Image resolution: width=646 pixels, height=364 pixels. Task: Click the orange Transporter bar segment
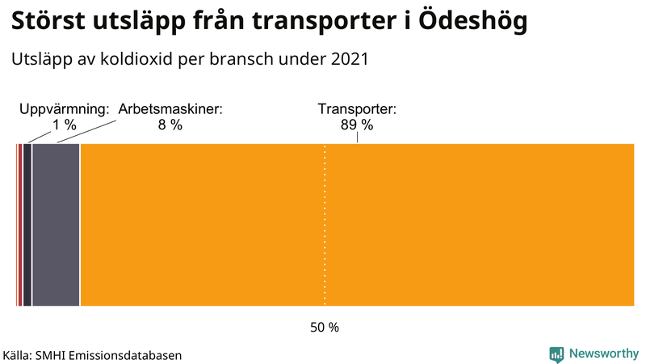[355, 225]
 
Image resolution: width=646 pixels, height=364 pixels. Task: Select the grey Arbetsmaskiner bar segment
[56, 225]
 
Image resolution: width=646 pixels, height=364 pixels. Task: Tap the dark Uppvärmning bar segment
[27, 225]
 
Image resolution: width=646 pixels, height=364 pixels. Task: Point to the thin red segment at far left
[19, 225]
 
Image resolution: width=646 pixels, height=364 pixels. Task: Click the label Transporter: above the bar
[357, 109]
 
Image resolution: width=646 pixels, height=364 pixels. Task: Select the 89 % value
[357, 125]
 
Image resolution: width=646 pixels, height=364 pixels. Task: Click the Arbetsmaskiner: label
[170, 109]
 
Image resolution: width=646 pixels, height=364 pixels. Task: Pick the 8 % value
[170, 125]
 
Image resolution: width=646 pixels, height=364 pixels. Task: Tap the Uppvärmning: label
[64, 109]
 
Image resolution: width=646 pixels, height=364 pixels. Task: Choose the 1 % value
[64, 125]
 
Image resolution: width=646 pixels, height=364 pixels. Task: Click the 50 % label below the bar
[325, 328]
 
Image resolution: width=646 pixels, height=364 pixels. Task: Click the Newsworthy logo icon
[556, 353]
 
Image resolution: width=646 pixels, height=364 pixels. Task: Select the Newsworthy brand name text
[603, 353]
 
